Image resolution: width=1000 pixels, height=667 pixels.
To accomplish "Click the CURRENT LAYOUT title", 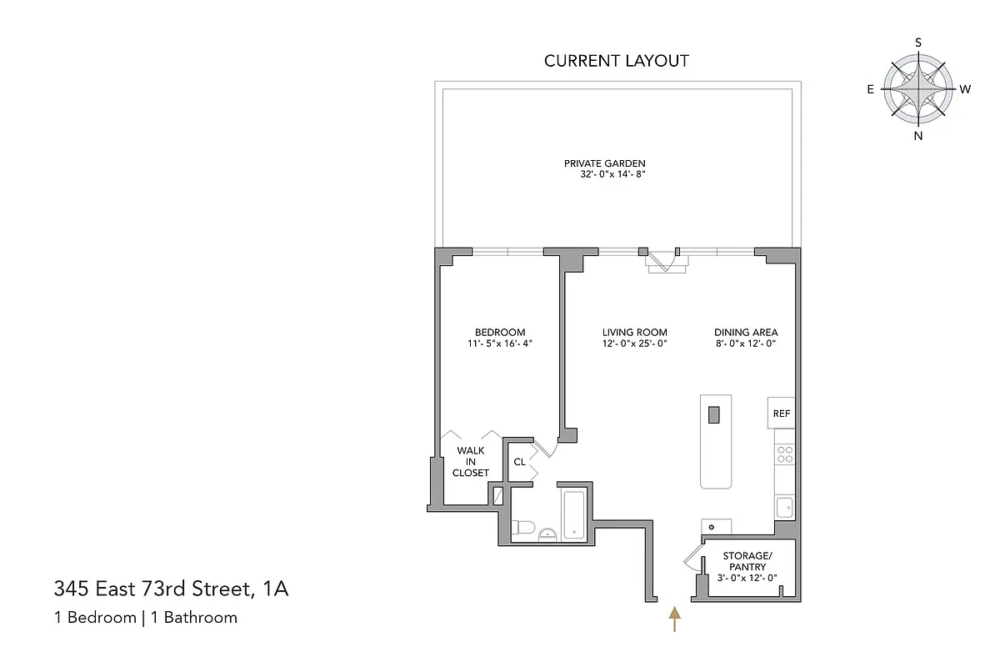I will (617, 61).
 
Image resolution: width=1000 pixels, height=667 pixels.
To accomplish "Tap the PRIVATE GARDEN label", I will (605, 163).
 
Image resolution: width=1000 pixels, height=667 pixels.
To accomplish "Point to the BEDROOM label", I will (500, 332).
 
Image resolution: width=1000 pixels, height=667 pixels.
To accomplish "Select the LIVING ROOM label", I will (635, 332).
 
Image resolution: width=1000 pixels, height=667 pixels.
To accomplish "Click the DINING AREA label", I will (746, 332).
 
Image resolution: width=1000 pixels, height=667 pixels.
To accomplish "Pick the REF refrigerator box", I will (781, 414).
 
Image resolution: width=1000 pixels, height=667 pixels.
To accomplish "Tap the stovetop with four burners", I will (785, 454).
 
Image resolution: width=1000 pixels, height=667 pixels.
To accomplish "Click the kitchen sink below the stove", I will (784, 506).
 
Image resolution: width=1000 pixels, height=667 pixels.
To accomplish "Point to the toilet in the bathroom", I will (522, 527).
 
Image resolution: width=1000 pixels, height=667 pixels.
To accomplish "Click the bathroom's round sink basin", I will (547, 534).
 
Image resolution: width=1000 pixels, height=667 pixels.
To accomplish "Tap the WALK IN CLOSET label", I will (470, 461).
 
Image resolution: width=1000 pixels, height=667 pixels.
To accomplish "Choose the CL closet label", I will (519, 462).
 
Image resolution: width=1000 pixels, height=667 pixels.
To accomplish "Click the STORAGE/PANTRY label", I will (746, 561).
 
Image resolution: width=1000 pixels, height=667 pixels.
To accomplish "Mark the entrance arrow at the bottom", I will (674, 619).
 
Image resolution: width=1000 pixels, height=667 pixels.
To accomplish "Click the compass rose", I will (918, 88).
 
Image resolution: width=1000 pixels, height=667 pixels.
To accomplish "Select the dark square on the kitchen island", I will (714, 414).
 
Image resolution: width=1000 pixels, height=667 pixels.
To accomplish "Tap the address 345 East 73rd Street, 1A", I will (172, 590).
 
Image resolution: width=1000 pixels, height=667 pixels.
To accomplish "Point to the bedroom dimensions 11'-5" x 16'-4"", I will (500, 344).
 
